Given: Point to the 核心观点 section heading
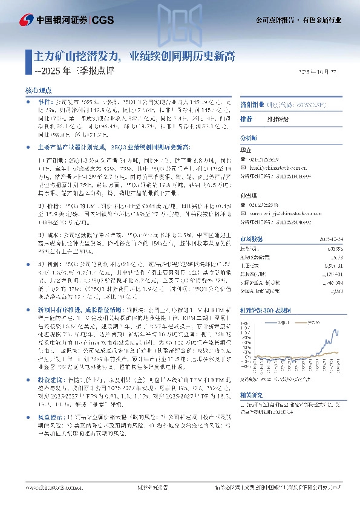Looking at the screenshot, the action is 37,89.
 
